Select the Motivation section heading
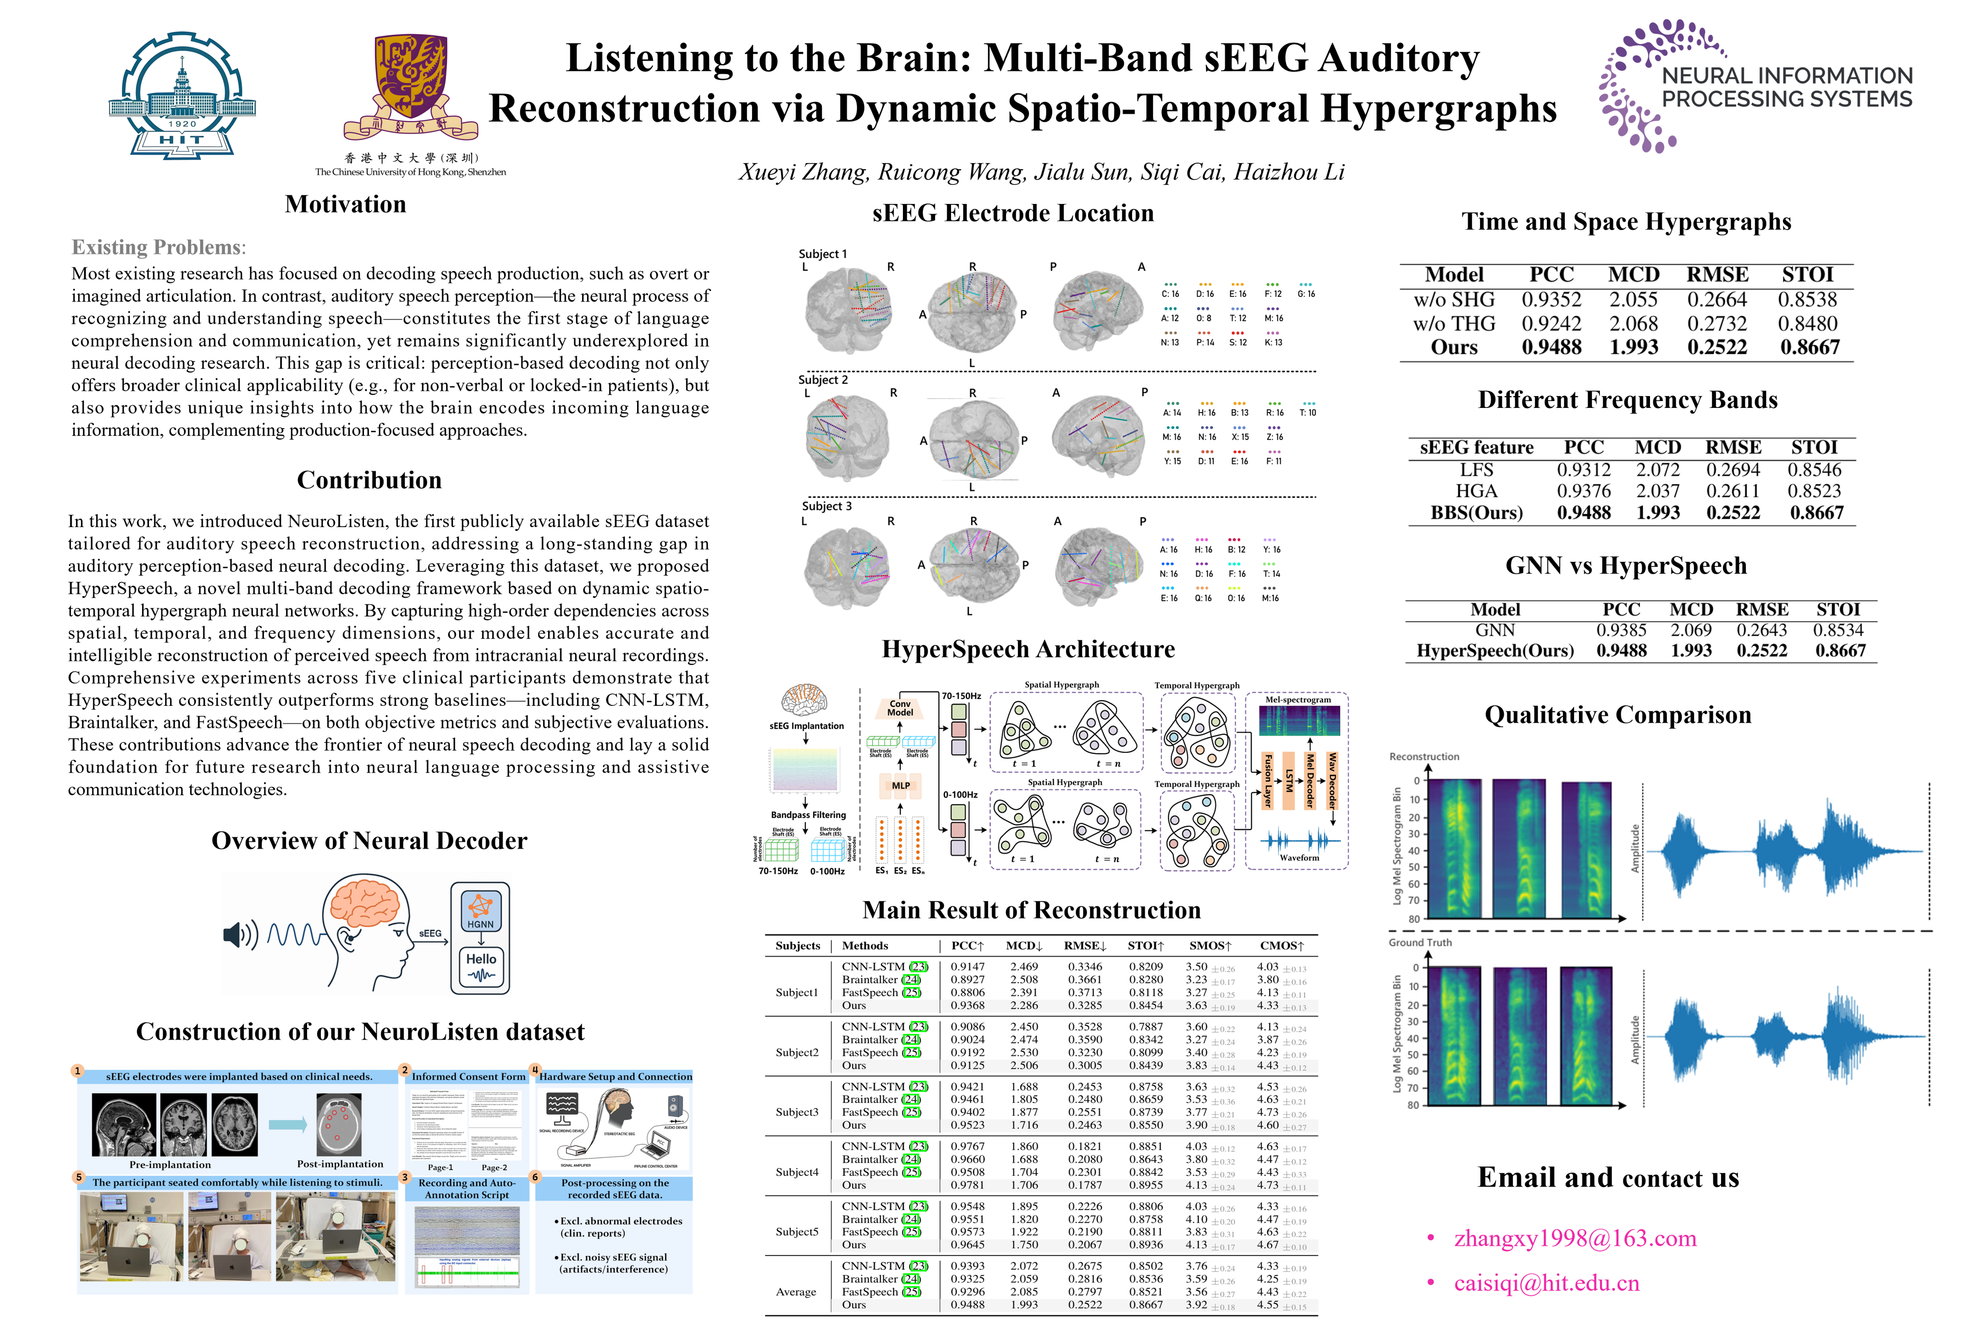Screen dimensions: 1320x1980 coord(345,204)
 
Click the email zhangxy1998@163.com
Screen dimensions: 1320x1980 coord(1574,1238)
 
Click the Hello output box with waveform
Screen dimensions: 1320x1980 coord(481,967)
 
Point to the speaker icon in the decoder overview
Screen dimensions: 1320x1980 coord(239,935)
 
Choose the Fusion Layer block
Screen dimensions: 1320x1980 coord(1267,781)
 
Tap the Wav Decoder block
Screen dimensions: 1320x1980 coord(1331,781)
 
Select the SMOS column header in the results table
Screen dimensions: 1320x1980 coord(1210,946)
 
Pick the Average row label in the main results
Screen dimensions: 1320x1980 coord(796,1292)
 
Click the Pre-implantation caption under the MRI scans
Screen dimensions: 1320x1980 coord(170,1164)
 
